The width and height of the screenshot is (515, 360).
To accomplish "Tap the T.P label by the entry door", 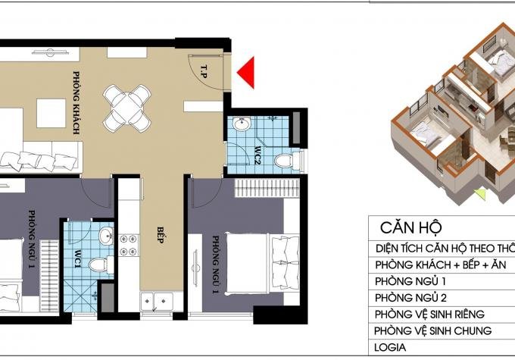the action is [204, 71].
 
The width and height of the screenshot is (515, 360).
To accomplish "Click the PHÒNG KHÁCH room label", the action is [76, 102].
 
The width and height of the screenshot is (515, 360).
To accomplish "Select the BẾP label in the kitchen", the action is [160, 235].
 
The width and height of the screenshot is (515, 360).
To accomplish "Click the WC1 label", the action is [77, 259].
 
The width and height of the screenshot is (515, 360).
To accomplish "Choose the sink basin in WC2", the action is [242, 124].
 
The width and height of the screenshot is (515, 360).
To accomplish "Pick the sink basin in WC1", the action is [106, 236].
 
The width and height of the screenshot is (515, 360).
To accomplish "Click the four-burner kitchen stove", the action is [128, 245].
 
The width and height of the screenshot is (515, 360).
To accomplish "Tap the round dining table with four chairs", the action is [126, 108].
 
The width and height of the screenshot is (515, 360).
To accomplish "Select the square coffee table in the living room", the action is [51, 113].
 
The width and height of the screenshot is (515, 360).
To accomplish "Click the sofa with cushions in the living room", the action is [40, 156].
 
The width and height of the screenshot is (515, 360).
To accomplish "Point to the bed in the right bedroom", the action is [263, 263].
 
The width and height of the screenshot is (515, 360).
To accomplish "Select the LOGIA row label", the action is [390, 347].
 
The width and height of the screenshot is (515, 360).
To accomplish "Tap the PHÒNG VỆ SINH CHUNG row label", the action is [433, 330].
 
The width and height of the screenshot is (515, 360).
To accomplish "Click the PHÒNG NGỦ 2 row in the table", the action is [410, 298].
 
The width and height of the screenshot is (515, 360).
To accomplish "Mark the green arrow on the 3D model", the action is [480, 194].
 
